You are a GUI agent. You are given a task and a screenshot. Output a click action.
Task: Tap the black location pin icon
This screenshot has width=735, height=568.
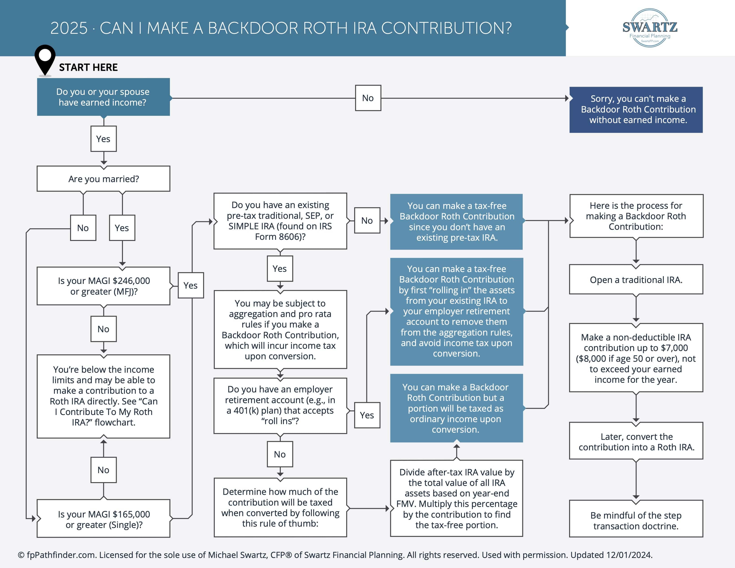pos(45,59)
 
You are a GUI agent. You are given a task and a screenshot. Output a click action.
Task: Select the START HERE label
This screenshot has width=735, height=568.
pos(88,68)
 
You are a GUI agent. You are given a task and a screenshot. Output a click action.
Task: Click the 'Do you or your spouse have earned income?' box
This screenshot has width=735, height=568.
pos(103,97)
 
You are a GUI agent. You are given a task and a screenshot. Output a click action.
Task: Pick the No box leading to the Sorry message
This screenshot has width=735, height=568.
pos(368,98)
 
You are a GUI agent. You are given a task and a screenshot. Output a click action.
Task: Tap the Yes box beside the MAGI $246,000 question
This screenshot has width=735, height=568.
pos(191,285)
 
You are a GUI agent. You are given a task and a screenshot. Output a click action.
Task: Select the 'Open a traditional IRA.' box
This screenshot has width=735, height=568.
pos(636,280)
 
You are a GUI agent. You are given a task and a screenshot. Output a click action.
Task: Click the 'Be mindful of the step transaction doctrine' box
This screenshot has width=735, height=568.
pos(636,520)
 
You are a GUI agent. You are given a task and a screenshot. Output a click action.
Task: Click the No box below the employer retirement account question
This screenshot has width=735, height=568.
pos(280,454)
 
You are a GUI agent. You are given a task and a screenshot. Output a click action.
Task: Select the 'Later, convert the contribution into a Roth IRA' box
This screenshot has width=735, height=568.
pos(636,442)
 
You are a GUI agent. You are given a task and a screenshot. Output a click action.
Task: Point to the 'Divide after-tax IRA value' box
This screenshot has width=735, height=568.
pos(456,498)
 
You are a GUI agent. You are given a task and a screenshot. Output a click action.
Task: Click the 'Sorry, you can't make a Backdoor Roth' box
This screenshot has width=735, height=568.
pos(636,110)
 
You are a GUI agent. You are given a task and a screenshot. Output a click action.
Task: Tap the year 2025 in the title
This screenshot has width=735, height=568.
pos(69,28)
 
